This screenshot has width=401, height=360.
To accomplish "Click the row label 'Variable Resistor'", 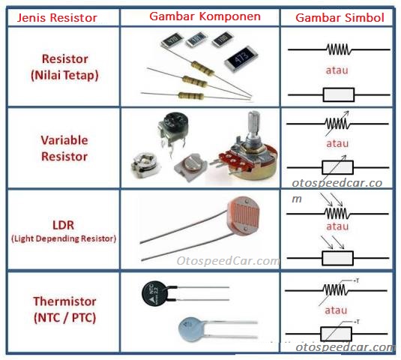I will [x=64, y=148].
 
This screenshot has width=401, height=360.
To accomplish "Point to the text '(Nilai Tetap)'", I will [x=64, y=75].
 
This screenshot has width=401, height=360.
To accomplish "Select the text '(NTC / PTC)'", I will [x=64, y=317].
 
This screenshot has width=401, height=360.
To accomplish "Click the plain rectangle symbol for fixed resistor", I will [x=338, y=94].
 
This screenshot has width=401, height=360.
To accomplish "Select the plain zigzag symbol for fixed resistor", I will [x=338, y=49].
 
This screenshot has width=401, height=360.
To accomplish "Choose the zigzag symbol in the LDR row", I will [x=337, y=213].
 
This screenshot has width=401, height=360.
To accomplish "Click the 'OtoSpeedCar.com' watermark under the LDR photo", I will [x=228, y=262].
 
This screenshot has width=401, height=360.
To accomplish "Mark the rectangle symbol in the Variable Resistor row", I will [x=337, y=166].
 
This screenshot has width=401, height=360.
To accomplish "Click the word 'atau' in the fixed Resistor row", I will [x=338, y=70].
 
